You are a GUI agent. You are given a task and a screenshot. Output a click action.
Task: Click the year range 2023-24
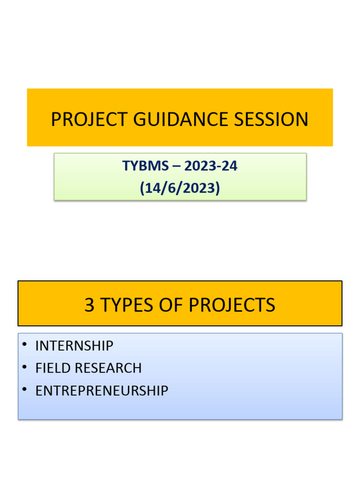tap(211, 166)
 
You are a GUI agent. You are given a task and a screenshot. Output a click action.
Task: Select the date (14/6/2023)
tap(180, 188)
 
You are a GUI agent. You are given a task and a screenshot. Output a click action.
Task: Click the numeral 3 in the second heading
tap(89, 306)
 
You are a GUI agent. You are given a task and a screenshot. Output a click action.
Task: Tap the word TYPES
tap(125, 306)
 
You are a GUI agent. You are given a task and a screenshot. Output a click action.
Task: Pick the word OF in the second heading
tap(171, 306)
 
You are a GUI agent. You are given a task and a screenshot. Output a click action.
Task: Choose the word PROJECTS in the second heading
tap(232, 306)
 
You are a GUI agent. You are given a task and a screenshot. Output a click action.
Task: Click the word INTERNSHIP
tap(74, 346)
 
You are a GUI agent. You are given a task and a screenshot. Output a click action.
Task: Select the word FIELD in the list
tap(52, 368)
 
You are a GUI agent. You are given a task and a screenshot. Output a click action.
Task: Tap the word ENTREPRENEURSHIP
tap(102, 391)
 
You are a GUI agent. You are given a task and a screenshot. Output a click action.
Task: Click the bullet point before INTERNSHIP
tap(24, 345)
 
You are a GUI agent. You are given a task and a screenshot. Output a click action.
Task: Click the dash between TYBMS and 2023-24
tap(175, 166)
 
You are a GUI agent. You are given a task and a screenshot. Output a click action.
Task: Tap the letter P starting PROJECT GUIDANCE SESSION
tap(56, 120)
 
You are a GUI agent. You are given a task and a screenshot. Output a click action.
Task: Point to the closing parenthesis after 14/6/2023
tap(217, 188)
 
